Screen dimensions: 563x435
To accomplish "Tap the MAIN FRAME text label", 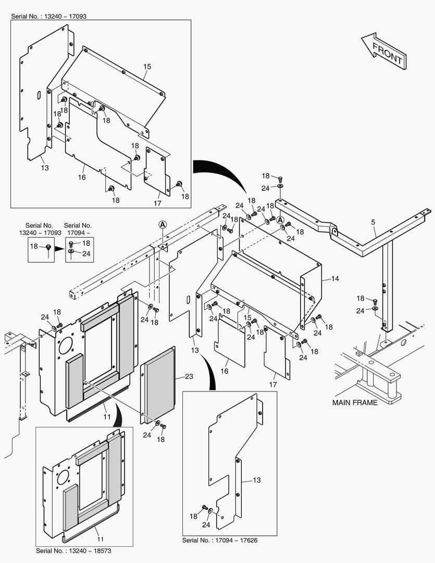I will coord(355,402).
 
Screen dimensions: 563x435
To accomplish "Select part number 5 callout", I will coord(373,223).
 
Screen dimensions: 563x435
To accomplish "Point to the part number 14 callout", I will coord(334,279).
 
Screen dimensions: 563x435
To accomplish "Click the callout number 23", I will coord(189,376).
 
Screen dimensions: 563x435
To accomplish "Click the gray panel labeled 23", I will coord(161,383).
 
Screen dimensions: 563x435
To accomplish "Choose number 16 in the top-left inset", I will coord(82,178).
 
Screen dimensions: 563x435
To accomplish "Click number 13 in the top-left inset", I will coord(45,168).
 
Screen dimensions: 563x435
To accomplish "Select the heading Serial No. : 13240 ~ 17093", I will coord(48,16).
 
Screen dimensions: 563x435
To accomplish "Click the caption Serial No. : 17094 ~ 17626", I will coord(219,540).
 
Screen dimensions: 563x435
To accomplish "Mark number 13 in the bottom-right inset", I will coord(257,480).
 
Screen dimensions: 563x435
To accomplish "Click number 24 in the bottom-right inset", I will coord(206,525).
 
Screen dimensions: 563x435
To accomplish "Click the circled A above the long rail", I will coord(163,224).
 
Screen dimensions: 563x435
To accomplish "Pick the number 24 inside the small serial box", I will coord(86,253).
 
